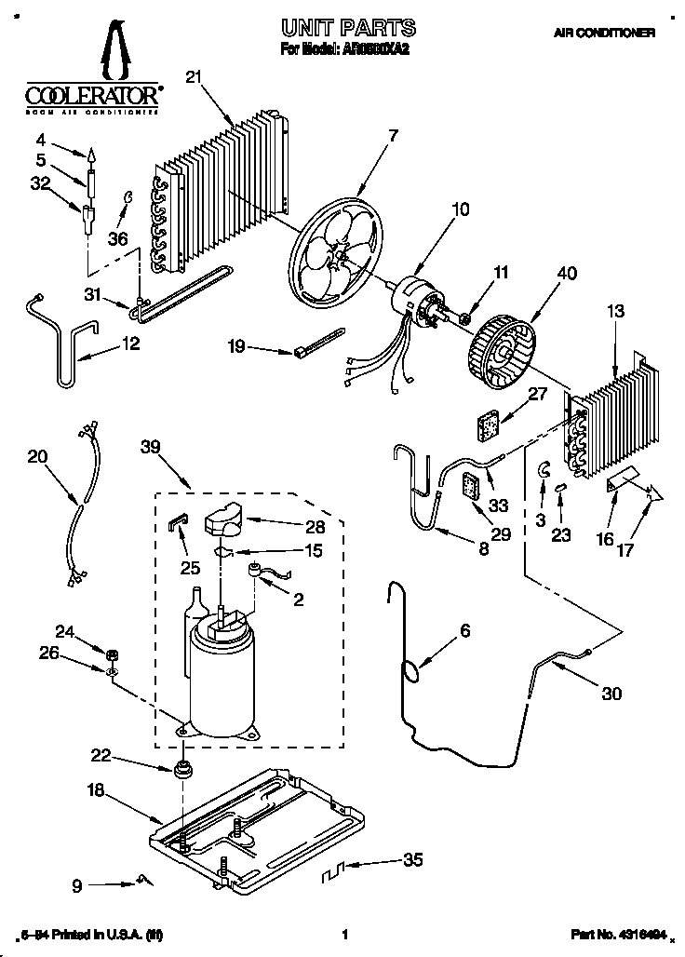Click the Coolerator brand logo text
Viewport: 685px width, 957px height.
pyautogui.click(x=89, y=95)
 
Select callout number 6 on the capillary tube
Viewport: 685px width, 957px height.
pyautogui.click(x=465, y=631)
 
